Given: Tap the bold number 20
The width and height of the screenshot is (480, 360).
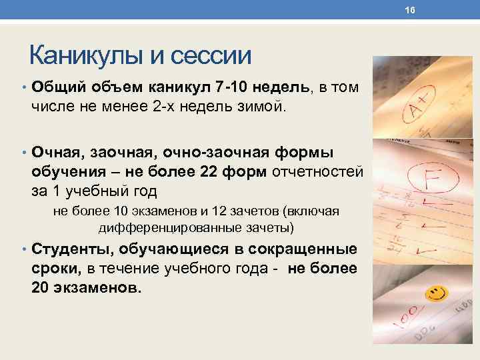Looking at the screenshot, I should click(x=42, y=287).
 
